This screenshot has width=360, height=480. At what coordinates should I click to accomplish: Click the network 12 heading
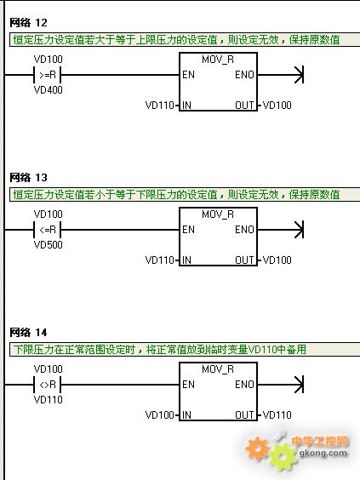(x=28, y=23)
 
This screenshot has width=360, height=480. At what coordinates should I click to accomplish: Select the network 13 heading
(x=28, y=178)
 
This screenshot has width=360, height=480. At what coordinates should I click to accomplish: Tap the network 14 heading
(x=28, y=333)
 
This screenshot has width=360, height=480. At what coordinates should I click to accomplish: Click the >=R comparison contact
(x=48, y=75)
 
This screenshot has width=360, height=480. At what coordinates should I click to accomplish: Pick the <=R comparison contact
(x=48, y=230)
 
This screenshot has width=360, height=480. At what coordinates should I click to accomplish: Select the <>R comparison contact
(x=48, y=385)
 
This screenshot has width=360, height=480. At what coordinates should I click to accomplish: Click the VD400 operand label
(x=48, y=90)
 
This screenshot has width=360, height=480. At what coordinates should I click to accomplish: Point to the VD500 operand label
(x=48, y=245)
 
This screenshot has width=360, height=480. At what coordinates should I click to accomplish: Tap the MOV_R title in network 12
(x=218, y=60)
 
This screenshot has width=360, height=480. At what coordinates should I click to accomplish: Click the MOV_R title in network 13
(x=218, y=214)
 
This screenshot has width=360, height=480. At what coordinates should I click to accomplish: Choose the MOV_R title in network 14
(x=218, y=369)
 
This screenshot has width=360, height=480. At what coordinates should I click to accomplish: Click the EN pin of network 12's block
(x=188, y=75)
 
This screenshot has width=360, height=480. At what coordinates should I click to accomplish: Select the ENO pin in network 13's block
(x=244, y=230)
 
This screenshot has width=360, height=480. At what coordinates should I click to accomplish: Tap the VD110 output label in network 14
(x=277, y=415)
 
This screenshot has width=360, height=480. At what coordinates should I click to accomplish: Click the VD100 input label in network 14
(x=159, y=415)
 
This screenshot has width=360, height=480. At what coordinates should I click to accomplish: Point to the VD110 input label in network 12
(x=159, y=106)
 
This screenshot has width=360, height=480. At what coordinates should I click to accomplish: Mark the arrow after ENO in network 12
(x=280, y=75)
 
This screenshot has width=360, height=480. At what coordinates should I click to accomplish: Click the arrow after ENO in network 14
(x=280, y=385)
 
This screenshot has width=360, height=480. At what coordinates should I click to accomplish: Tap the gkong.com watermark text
(x=323, y=454)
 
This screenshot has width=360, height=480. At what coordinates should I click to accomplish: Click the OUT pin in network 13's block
(x=244, y=260)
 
